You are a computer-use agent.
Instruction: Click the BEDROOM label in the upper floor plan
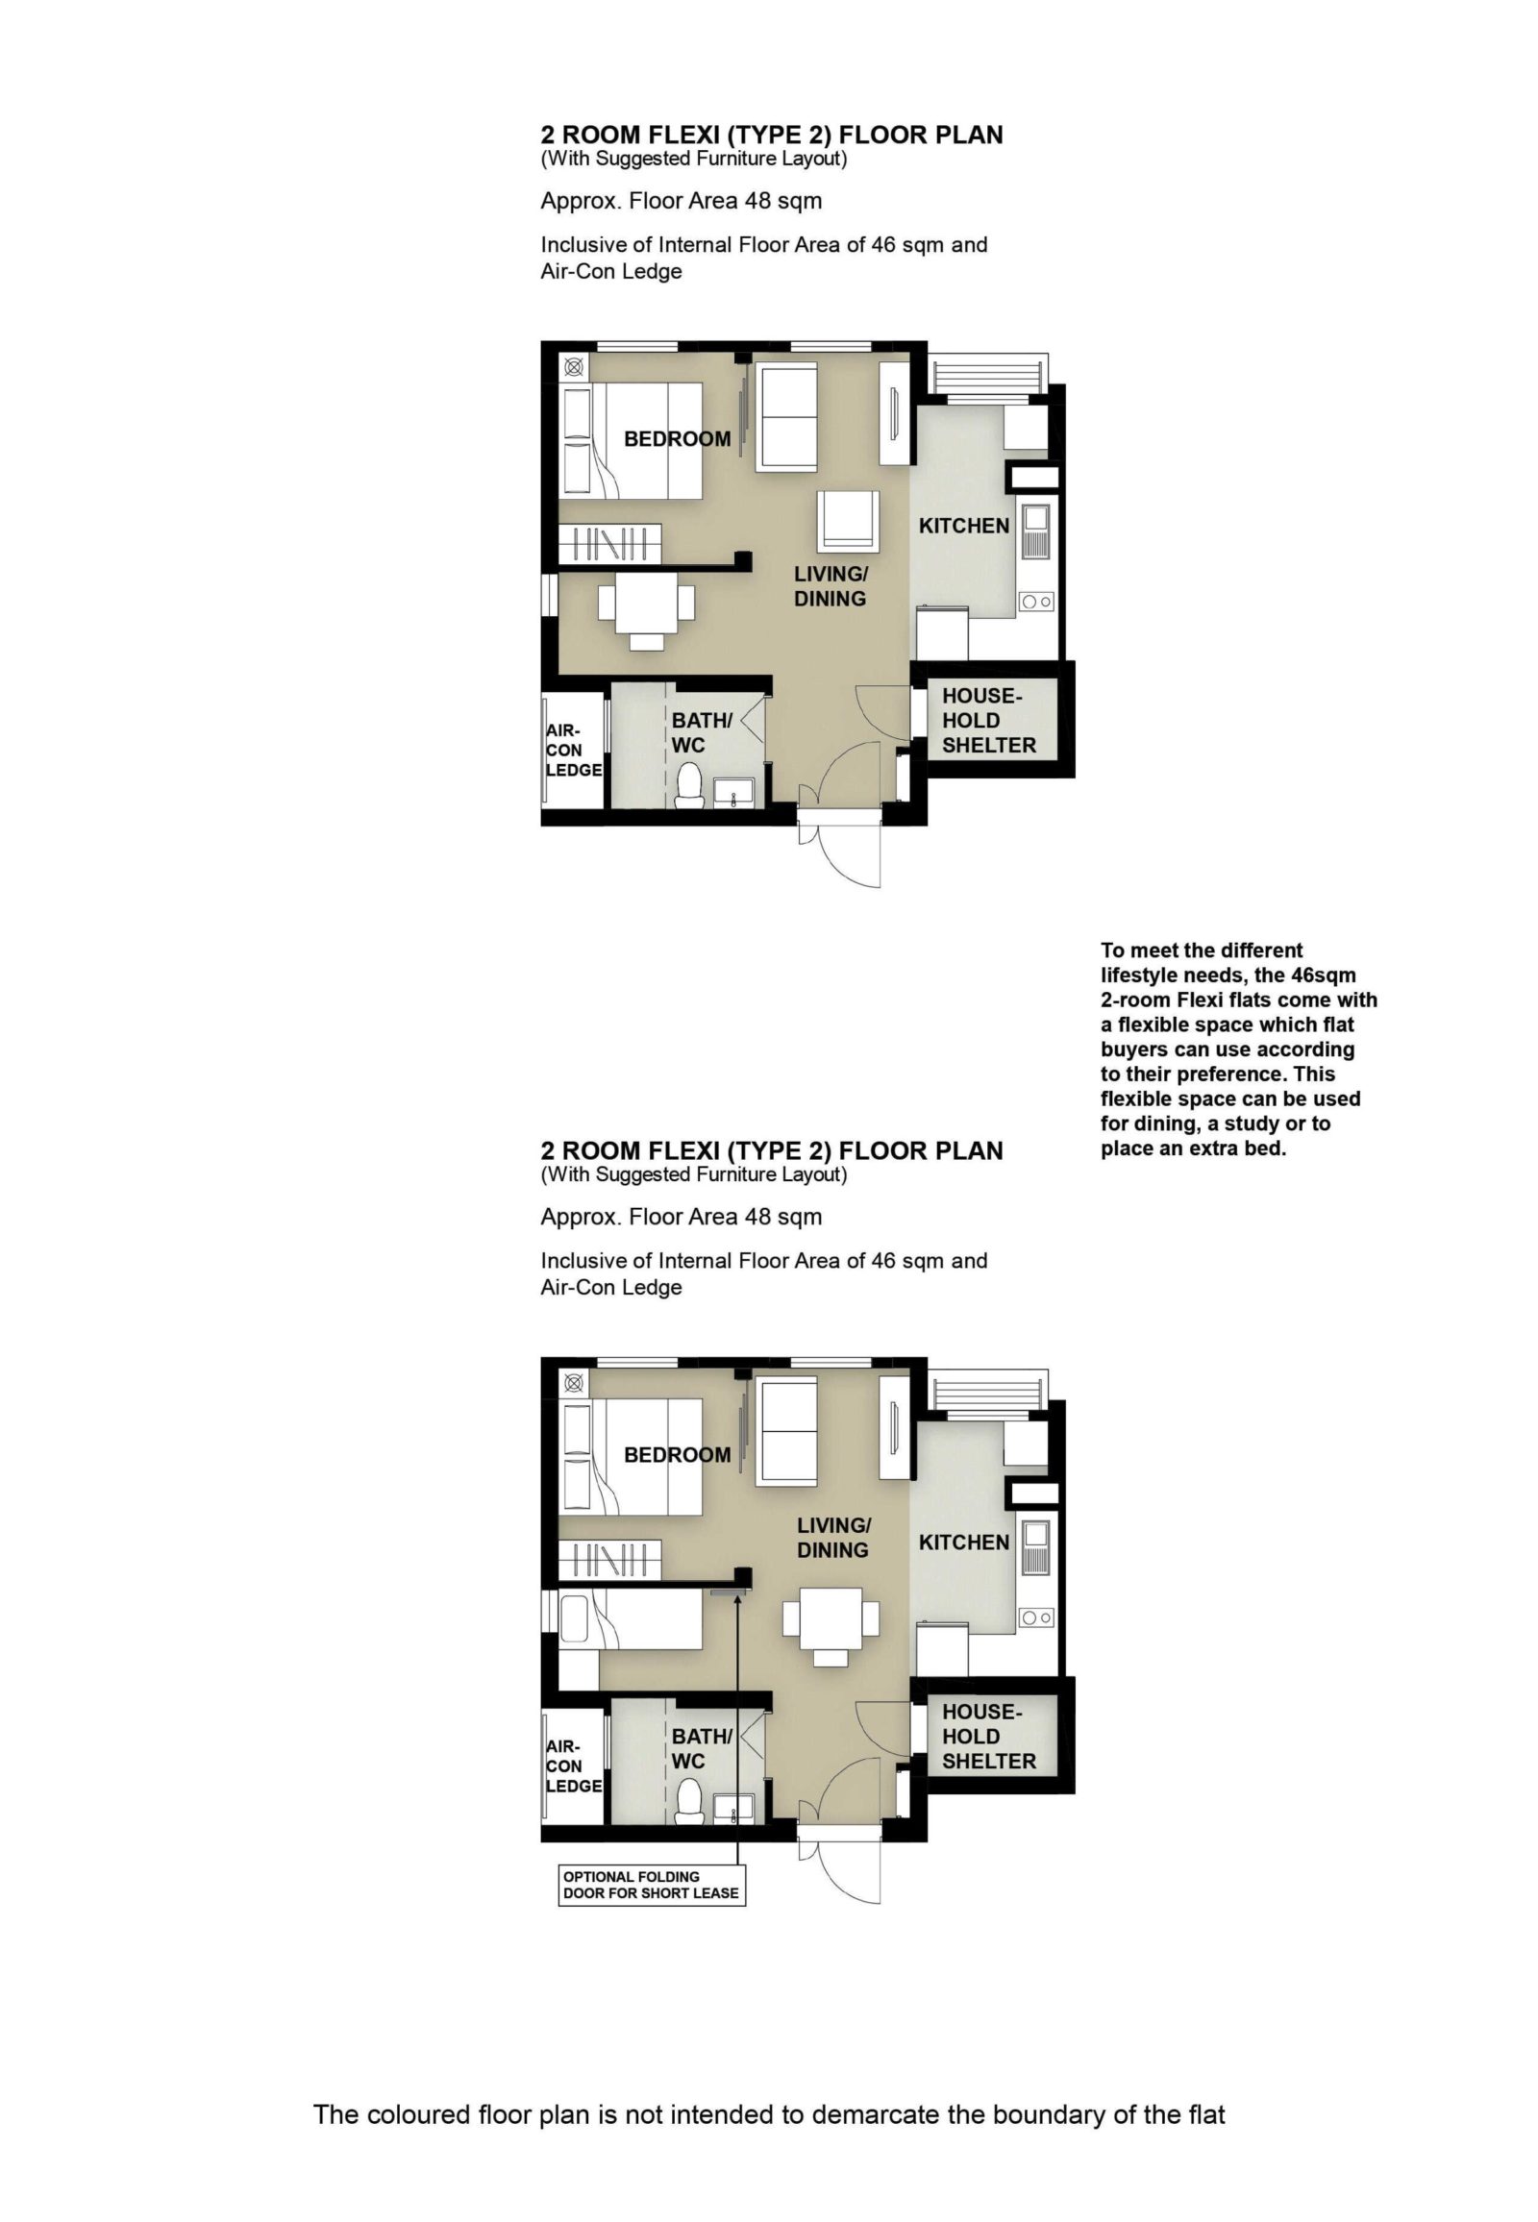tap(678, 439)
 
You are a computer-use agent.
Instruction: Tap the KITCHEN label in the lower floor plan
tap(964, 1543)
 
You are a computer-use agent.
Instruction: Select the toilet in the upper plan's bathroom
tap(689, 784)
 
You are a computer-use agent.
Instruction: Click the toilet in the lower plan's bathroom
tap(689, 1801)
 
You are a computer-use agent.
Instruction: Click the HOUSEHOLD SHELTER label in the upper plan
tap(989, 721)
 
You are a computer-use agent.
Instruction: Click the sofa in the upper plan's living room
tap(786, 415)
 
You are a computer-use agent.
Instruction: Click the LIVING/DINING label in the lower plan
tap(833, 1538)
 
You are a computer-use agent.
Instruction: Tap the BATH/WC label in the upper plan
tap(703, 733)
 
